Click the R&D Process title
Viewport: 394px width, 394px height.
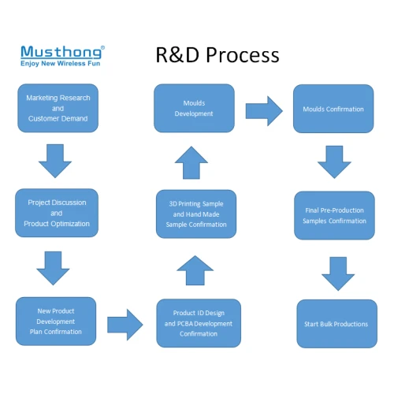pyautogui.click(x=217, y=54)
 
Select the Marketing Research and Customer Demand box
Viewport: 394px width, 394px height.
pyautogui.click(x=58, y=108)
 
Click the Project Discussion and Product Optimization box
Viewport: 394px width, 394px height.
pyautogui.click(x=57, y=213)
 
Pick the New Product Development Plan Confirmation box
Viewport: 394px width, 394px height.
pyautogui.click(x=57, y=321)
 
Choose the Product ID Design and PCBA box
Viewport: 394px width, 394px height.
pyautogui.click(x=198, y=324)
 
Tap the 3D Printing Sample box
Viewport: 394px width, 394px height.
pyautogui.click(x=195, y=214)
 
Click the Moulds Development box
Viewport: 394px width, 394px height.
pyautogui.click(x=193, y=108)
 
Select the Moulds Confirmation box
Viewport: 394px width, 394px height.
pyautogui.click(x=333, y=109)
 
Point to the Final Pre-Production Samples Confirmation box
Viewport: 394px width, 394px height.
pyautogui.click(x=334, y=216)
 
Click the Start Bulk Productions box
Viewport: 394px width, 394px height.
pyautogui.click(x=336, y=323)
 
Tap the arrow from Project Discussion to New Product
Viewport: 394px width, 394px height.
pyautogui.click(x=54, y=267)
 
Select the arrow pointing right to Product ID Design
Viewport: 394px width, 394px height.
pyautogui.click(x=125, y=322)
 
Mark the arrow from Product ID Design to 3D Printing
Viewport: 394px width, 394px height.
pyautogui.click(x=195, y=271)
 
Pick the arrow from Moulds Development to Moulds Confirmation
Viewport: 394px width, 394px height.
pyautogui.click(x=263, y=110)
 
